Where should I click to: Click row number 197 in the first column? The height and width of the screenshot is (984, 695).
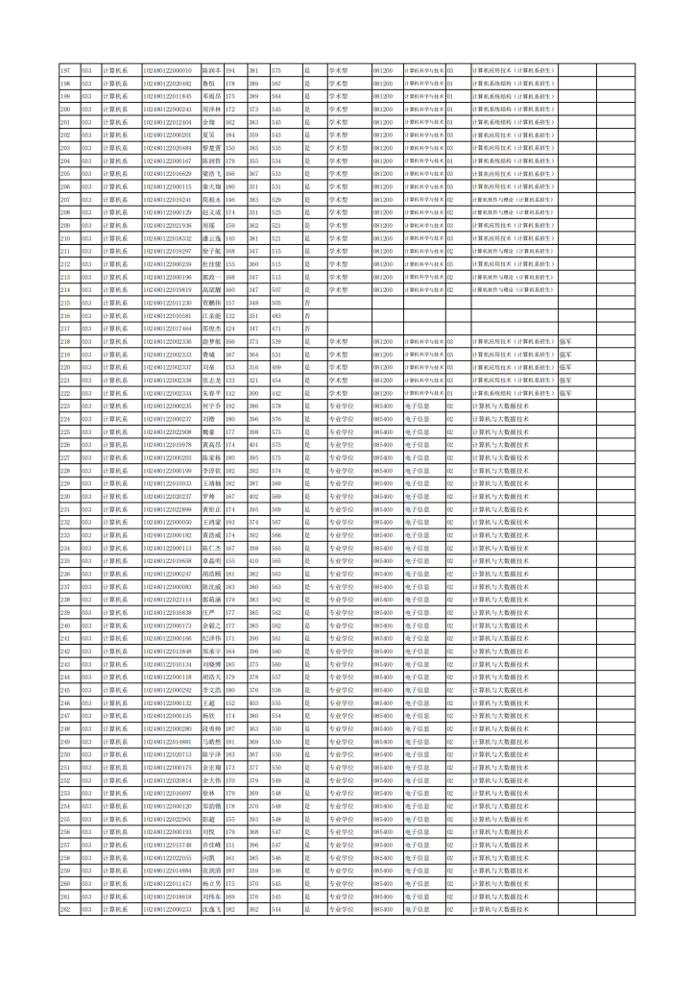pos(65,70)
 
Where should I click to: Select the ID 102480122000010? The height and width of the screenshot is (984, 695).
pos(168,70)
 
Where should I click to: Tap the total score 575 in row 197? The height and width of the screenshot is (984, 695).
pos(276,70)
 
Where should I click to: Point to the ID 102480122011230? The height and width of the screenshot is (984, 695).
pos(168,302)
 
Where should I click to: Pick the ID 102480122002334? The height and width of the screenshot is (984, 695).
pos(168,392)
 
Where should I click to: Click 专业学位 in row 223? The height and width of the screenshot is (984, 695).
pos(342,406)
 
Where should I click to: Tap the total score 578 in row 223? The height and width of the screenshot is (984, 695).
pos(276,406)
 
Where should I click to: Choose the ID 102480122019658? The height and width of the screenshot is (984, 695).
pos(168,560)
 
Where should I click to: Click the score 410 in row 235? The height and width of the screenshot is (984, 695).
pos(253,560)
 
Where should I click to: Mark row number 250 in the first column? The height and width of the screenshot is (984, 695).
pos(65,753)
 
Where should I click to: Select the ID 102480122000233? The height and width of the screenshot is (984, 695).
pos(168,908)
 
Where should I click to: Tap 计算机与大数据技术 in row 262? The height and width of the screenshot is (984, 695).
pos(500,908)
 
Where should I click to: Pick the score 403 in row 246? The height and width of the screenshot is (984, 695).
pos(253,701)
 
